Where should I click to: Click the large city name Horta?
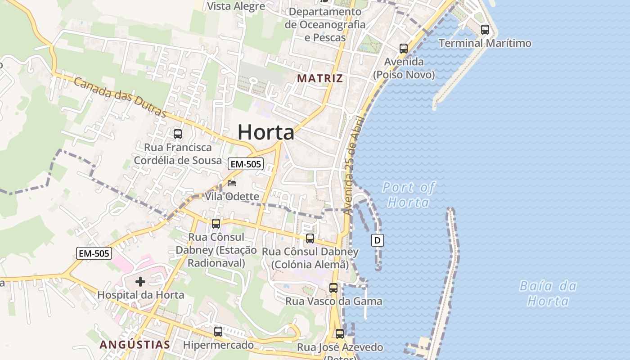(x=266, y=132)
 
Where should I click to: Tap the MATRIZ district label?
(x=320, y=78)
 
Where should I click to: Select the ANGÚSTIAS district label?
(x=135, y=345)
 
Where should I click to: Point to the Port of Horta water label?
(x=409, y=194)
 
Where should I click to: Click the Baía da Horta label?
(x=548, y=293)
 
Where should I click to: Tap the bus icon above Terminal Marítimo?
(x=485, y=30)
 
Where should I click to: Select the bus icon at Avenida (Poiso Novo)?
(x=404, y=49)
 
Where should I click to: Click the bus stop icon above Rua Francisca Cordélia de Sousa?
(x=178, y=134)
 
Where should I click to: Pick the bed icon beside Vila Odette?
(x=232, y=183)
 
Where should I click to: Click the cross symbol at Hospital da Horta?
(x=140, y=282)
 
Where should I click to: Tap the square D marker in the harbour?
(x=378, y=240)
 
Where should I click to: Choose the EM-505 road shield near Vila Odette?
(x=245, y=164)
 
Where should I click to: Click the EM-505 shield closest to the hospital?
(x=94, y=253)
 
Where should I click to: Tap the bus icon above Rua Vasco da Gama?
(x=333, y=288)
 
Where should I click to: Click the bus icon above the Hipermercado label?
(x=218, y=332)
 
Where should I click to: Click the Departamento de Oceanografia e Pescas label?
(x=325, y=24)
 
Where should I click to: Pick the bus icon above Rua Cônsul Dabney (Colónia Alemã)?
(x=310, y=238)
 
